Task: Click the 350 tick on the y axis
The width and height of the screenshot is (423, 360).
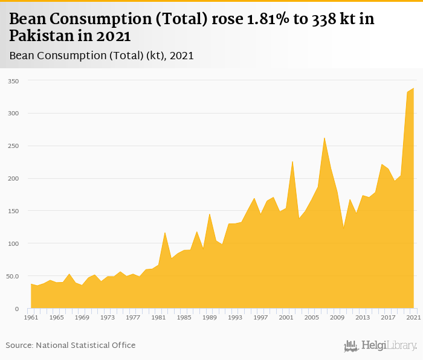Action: tap(13, 81)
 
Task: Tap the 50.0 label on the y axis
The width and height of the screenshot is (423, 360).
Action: tap(12, 277)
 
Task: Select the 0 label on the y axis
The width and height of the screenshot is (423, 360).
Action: tap(16, 309)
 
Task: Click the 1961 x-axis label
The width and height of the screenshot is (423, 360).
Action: tap(31, 317)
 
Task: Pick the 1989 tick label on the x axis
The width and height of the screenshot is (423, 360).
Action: tap(210, 317)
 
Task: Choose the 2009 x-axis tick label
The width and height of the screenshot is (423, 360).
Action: tap(337, 317)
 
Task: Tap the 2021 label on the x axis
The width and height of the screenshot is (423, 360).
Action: tap(413, 317)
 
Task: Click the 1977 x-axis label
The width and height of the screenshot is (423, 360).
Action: tap(133, 317)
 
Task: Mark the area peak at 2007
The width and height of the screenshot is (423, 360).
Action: tap(325, 138)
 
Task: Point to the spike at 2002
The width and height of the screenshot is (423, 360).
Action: tap(292, 161)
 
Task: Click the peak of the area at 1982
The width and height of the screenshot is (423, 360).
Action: tap(165, 233)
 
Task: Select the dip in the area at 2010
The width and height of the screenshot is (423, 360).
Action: tap(343, 228)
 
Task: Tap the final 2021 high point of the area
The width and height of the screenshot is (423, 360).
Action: tap(413, 88)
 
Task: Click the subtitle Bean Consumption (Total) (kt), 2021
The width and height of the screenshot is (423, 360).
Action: tap(102, 56)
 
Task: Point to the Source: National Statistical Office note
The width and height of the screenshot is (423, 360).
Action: tap(71, 345)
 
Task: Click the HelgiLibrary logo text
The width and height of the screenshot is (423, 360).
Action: tap(389, 346)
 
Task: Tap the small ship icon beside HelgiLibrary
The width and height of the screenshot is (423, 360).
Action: tap(351, 346)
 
